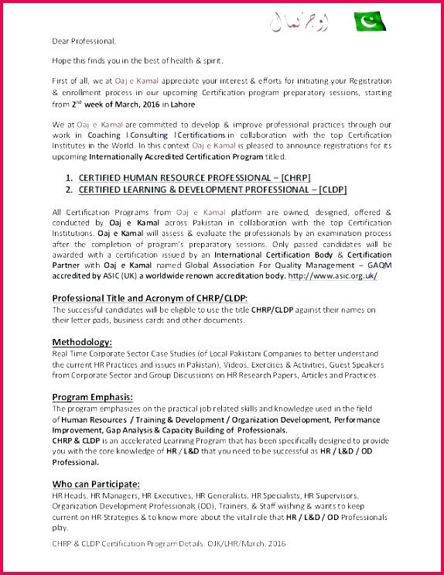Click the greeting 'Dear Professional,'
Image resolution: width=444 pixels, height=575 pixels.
coord(84,40)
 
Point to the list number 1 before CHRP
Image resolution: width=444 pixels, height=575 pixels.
coord(69,177)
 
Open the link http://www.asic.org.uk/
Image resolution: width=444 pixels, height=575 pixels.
coord(333,276)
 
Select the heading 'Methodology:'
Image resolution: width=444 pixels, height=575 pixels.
coord(82,341)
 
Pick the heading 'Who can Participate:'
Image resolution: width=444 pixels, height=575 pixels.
coord(96,483)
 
